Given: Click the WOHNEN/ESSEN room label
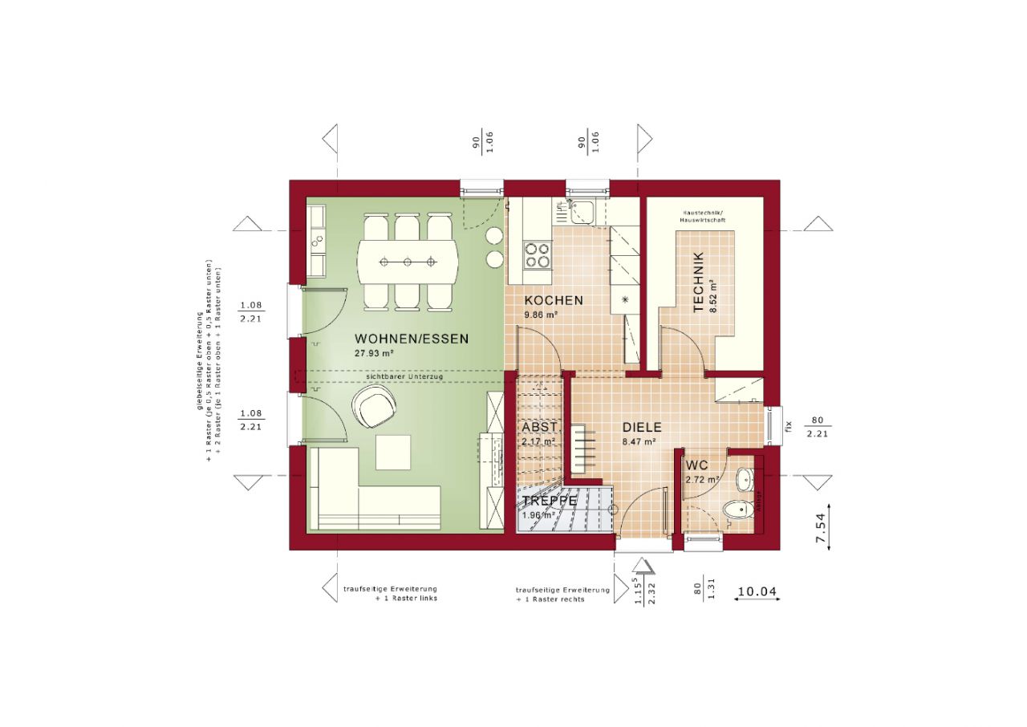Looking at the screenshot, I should pyautogui.click(x=412, y=339).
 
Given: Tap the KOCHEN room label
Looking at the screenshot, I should pyautogui.click(x=554, y=300).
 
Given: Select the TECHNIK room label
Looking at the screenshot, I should pyautogui.click(x=699, y=282).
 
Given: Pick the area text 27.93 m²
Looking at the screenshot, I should pyautogui.click(x=373, y=353).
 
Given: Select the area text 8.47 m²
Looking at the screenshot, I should pyautogui.click(x=639, y=441).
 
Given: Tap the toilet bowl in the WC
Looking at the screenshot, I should pyautogui.click(x=734, y=509).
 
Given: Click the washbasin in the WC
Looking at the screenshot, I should pyautogui.click(x=745, y=479).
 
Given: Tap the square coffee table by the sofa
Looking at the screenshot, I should pyautogui.click(x=392, y=453).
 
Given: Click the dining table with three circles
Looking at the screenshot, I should pyautogui.click(x=408, y=262).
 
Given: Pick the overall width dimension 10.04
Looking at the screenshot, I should pyautogui.click(x=757, y=592).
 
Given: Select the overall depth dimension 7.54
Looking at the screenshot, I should pyautogui.click(x=821, y=530).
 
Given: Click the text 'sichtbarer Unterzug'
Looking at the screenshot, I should pyautogui.click(x=404, y=376).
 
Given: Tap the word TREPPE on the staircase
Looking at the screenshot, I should pyautogui.click(x=550, y=501).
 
